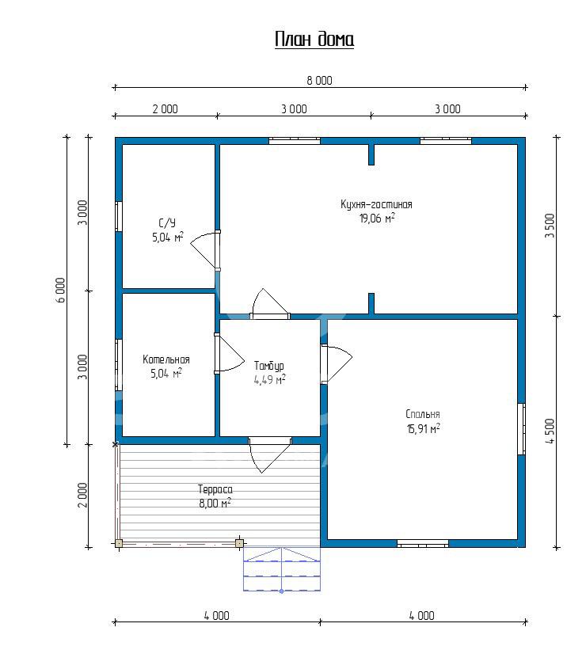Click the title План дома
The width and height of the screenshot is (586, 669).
(314, 40)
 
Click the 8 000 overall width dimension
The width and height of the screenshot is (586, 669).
(319, 80)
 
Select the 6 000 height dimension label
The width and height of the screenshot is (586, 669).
(61, 290)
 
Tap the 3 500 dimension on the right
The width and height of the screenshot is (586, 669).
(550, 226)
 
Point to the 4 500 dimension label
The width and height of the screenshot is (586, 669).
(550, 431)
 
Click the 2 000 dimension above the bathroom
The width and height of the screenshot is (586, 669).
(166, 109)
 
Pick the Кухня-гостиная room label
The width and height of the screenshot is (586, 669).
(376, 204)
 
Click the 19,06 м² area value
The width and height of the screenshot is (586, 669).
(377, 218)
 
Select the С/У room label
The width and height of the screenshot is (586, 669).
(167, 223)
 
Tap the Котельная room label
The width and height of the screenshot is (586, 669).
(166, 359)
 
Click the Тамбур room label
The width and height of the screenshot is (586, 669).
(269, 366)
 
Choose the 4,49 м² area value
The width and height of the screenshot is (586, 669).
(270, 380)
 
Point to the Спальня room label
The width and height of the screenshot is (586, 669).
(423, 414)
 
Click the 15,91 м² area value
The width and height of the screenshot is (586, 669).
(424, 428)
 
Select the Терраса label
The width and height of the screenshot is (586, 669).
(215, 489)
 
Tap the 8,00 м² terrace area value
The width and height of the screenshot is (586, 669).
(215, 503)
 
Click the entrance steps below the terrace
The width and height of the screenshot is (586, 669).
(282, 569)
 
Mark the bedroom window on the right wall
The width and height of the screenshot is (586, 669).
(522, 429)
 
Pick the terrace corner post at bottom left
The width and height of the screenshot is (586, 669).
(119, 543)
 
